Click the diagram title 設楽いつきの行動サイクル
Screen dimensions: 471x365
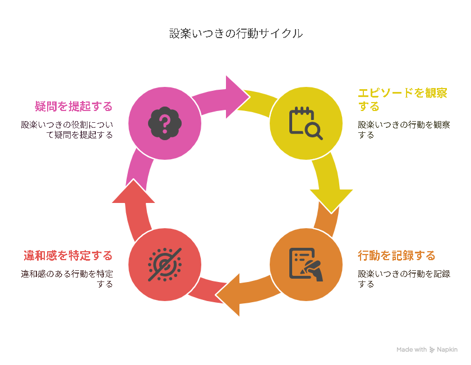236,33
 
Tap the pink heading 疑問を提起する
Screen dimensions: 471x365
73,107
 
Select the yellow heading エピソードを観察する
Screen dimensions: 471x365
403,99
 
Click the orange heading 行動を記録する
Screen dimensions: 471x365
396,256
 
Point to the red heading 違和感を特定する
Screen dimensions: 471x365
68,256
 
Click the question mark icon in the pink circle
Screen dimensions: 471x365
165,123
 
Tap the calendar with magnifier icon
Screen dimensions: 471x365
306,123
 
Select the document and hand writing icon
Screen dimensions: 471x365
306,265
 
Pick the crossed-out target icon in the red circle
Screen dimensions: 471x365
165,265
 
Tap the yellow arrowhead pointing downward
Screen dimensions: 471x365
331,200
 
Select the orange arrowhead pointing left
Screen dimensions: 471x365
229,295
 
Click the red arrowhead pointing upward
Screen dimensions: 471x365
133,192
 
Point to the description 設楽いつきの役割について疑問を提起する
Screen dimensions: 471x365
67,130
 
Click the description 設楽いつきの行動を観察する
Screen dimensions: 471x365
404,130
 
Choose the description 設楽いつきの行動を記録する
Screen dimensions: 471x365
404,279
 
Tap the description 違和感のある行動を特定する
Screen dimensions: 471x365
67,279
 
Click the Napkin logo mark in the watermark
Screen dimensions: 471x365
432,350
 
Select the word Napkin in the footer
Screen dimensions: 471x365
447,350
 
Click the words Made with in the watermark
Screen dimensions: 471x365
412,349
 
